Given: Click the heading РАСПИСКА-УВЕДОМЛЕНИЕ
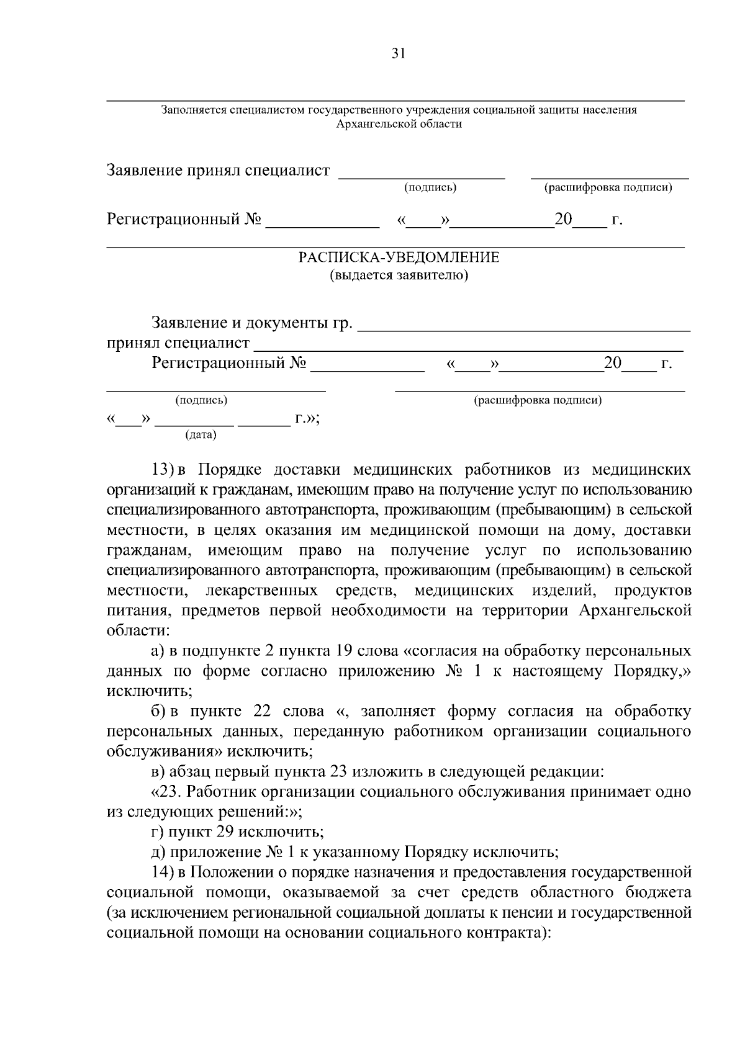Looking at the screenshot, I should [x=399, y=258].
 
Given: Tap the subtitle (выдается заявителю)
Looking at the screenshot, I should [x=399, y=276].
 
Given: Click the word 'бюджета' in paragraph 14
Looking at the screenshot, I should [x=662, y=892].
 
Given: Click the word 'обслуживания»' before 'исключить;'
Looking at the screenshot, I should [x=164, y=751].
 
